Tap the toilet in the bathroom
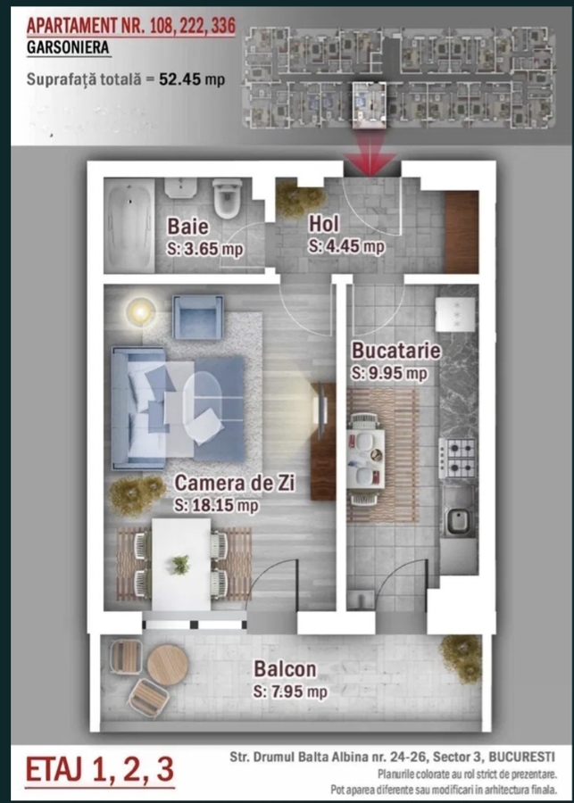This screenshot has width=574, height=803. pos(227,197)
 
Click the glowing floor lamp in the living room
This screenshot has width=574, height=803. pos(140,310)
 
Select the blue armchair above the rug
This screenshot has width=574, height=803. pos(198,317)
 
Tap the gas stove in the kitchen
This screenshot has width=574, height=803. pos(458,458)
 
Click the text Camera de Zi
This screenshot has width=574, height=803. pos(235,483)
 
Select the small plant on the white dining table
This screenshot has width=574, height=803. pos(180,565)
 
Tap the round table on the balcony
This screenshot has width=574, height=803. pos(167,665)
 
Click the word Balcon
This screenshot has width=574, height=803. pos(285,669)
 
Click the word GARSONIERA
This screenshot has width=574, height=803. pos(68,47)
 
